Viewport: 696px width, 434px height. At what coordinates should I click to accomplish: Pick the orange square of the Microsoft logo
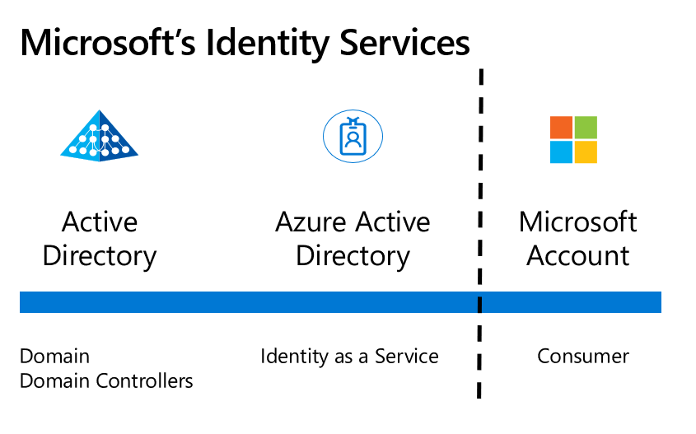[561, 128]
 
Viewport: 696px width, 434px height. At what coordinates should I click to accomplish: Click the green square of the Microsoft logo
[586, 128]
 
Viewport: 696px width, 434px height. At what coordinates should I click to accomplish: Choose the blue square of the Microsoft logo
[561, 152]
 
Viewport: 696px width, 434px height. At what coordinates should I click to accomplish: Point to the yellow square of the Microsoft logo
[586, 152]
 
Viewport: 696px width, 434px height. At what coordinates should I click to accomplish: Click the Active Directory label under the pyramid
[100, 239]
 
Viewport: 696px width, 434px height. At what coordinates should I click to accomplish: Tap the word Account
[578, 255]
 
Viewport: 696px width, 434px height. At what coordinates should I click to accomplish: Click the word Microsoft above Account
[578, 222]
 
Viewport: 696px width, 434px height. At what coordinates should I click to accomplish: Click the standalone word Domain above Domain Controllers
[54, 357]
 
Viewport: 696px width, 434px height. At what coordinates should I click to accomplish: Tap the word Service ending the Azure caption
[407, 357]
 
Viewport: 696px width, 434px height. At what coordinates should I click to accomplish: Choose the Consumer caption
[583, 357]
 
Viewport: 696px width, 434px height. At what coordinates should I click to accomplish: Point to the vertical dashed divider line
[480, 206]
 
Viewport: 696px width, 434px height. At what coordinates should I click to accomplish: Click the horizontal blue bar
[247, 302]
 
